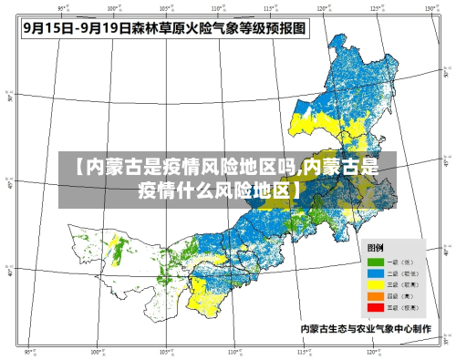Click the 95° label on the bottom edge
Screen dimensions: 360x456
click(28, 352)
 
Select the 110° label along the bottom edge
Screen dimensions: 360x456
click(233, 352)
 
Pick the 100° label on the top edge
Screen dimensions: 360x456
click(112, 7)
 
